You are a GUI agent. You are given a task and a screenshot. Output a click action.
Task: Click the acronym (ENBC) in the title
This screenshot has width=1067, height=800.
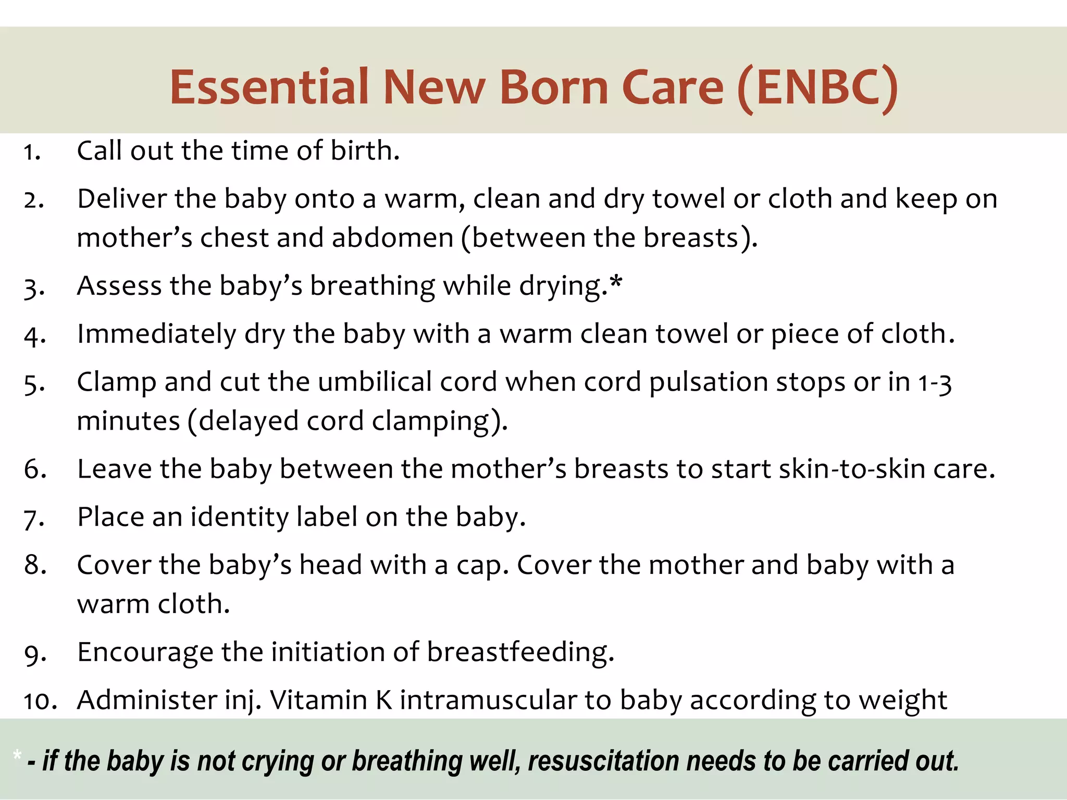point(818,87)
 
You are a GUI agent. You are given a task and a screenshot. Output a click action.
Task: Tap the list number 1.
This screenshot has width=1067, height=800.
point(31,152)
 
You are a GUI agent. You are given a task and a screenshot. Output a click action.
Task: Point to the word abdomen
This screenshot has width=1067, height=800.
point(392,238)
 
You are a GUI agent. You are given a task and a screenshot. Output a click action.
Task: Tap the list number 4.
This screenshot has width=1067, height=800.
point(34,335)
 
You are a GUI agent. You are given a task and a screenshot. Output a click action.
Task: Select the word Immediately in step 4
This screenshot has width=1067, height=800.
point(156,334)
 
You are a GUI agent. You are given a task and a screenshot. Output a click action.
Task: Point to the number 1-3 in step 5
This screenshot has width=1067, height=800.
point(935,383)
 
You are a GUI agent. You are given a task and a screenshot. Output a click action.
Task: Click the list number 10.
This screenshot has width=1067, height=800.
point(40,701)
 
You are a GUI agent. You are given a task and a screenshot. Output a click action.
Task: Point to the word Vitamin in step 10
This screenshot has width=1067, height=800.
point(318,700)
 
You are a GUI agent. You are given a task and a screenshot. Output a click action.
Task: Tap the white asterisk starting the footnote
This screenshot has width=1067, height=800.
point(18,755)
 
